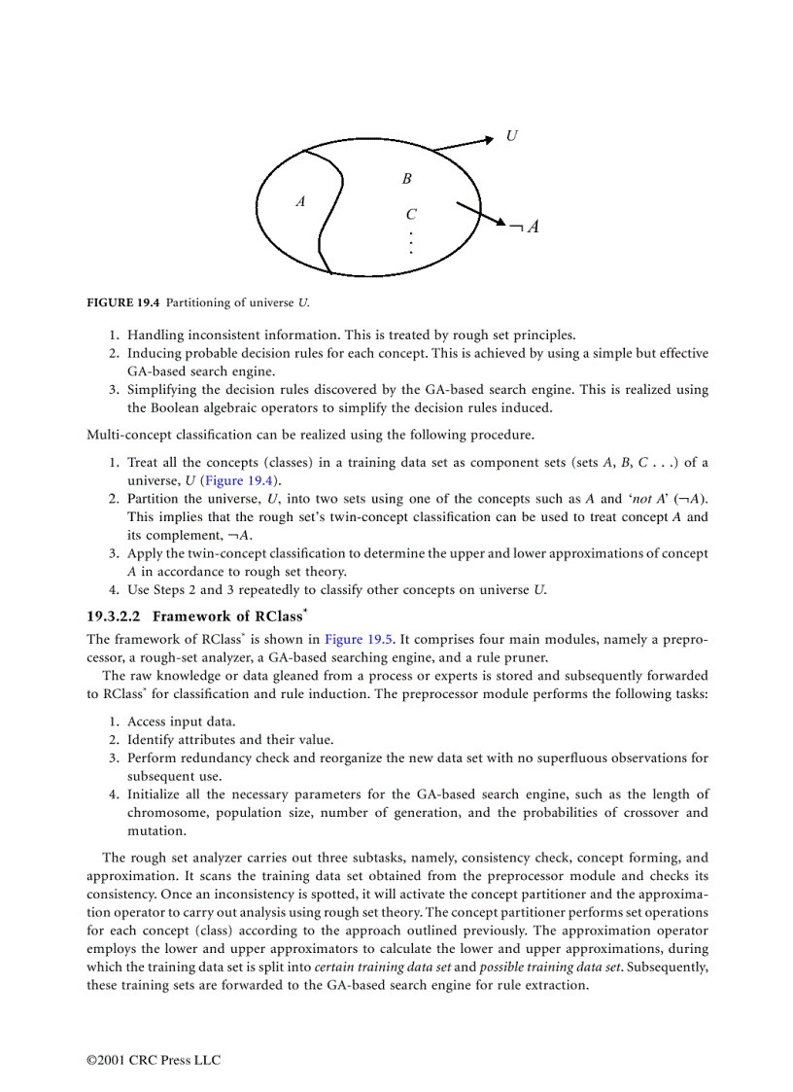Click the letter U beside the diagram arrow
point(511,136)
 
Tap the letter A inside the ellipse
point(300,202)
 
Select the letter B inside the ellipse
point(407,179)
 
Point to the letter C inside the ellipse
point(411,215)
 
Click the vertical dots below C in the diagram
point(411,242)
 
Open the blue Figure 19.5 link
point(358,639)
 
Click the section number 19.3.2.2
point(115,616)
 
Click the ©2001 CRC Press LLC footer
point(154,1060)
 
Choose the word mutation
point(156,830)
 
